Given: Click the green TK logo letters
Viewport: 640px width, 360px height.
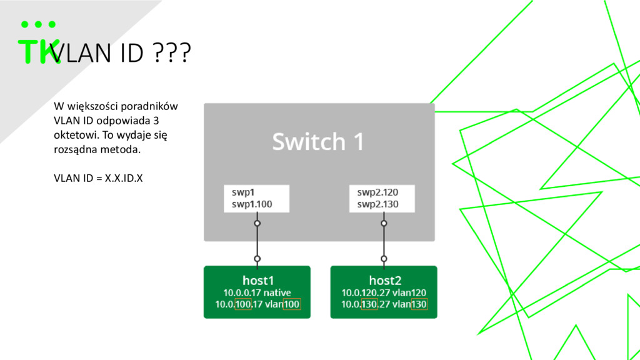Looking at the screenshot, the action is [x=39, y=51].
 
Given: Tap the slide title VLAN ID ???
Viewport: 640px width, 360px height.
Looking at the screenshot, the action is [x=121, y=52].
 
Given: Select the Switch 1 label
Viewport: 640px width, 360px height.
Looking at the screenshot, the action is [x=318, y=141].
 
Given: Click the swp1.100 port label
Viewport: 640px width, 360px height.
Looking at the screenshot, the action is [x=252, y=204].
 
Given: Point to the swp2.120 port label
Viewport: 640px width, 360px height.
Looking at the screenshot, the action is [x=377, y=192].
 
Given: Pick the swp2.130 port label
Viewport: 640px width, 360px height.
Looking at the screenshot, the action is [x=377, y=204].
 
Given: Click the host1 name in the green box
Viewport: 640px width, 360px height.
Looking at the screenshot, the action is [x=258, y=281].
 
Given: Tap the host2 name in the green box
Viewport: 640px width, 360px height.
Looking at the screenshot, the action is [x=385, y=281].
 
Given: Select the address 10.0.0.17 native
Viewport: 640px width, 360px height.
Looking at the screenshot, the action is [x=257, y=292].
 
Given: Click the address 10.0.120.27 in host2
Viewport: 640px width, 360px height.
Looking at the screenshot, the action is [x=364, y=292].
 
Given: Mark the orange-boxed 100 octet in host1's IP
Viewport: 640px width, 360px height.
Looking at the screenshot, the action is [x=243, y=304].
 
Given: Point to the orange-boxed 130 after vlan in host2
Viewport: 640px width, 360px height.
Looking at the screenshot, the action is [x=419, y=304].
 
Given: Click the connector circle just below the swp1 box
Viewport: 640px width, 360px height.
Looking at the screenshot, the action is [x=257, y=223].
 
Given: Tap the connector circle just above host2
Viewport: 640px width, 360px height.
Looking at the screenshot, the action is [x=384, y=259].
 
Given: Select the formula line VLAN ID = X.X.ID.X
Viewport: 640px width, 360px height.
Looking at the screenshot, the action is [x=98, y=178].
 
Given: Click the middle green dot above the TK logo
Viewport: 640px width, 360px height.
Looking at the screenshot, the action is [x=38, y=24].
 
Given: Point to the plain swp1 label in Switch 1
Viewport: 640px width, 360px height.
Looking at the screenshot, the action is [x=243, y=192].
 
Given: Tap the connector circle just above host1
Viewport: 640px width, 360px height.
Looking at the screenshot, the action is [x=257, y=259].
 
